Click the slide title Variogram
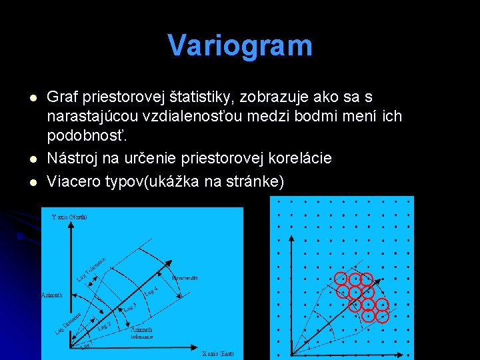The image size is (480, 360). [x=240, y=46]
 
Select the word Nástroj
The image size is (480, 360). [x=72, y=158]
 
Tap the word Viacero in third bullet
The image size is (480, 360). [x=74, y=181]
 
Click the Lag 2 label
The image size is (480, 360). [x=104, y=326]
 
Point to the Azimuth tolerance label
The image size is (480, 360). [x=141, y=333]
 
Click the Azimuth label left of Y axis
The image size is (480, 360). [x=51, y=294]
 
